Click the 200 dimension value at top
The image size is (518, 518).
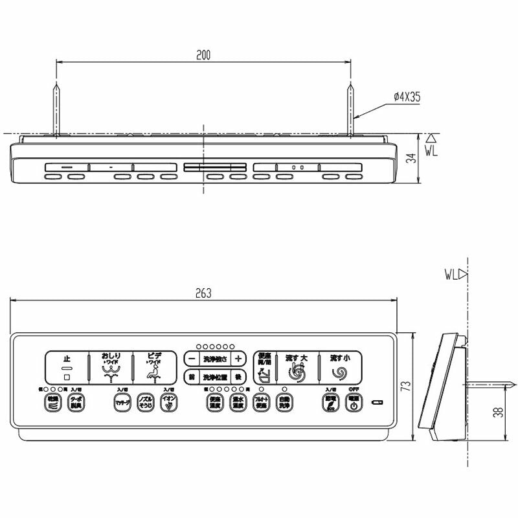click(x=203, y=56)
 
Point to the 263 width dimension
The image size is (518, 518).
click(x=203, y=293)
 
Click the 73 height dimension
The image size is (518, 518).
click(x=405, y=387)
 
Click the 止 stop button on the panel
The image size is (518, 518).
click(x=66, y=367)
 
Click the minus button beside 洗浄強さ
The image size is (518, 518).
click(x=190, y=358)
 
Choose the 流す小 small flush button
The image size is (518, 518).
click(x=339, y=367)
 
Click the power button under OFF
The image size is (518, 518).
click(x=354, y=403)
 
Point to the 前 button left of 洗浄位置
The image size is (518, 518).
click(x=191, y=376)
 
